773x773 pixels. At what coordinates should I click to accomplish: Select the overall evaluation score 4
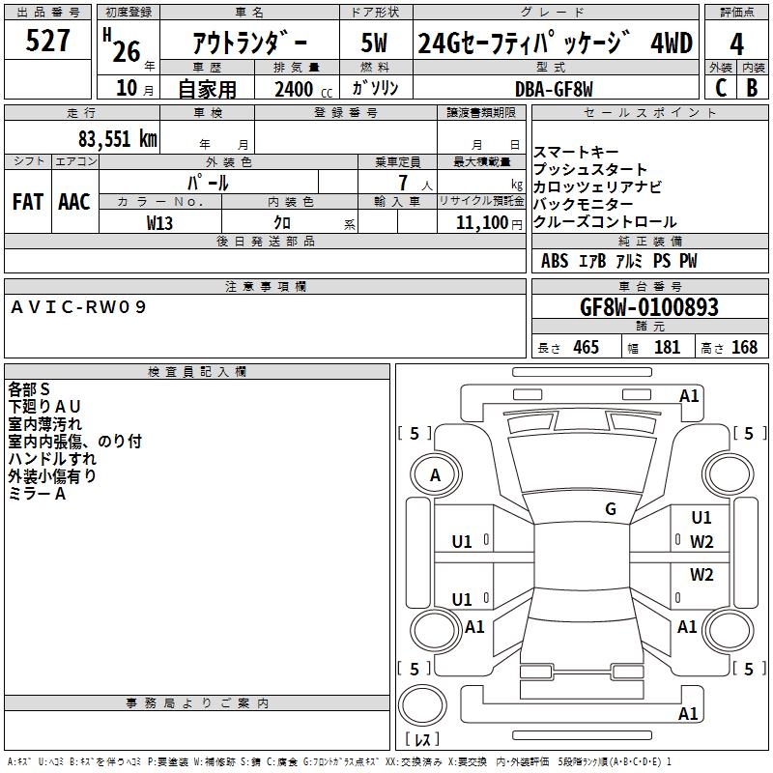[736, 43]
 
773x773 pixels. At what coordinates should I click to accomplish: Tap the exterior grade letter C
[720, 87]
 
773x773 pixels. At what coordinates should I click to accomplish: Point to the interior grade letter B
[752, 87]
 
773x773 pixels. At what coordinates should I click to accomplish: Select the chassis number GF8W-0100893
[648, 308]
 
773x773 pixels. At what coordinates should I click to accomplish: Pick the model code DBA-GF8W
[554, 88]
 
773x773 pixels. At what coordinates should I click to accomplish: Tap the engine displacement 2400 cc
[295, 89]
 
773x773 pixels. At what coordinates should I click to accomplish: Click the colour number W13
[160, 222]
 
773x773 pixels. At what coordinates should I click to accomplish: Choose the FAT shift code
[27, 201]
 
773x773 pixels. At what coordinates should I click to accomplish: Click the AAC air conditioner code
[74, 201]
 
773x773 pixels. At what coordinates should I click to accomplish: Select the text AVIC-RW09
[79, 306]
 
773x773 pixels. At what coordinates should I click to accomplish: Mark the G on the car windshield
[611, 509]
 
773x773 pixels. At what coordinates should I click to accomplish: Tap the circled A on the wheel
[435, 475]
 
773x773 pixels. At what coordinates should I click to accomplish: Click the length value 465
[586, 348]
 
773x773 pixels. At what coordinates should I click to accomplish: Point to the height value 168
[744, 348]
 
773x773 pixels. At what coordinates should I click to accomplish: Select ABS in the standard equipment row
[555, 261]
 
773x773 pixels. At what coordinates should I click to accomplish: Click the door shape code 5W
[375, 43]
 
